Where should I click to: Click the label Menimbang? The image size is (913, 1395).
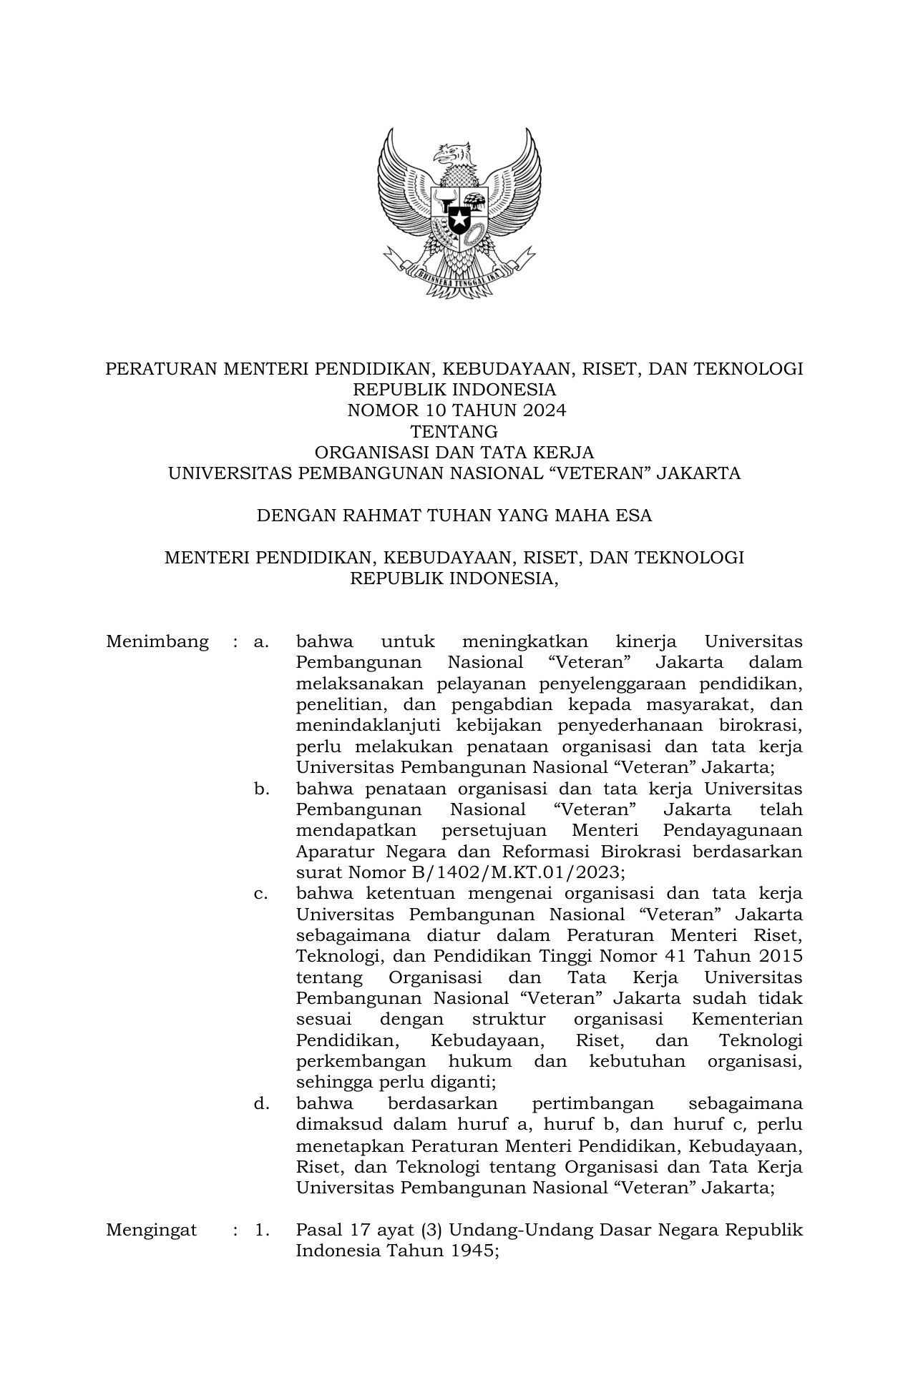click(157, 642)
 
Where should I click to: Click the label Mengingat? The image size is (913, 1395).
click(151, 1230)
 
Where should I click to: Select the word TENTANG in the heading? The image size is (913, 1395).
click(454, 432)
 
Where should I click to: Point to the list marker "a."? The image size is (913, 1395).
click(261, 642)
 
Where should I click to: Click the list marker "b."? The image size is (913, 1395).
click(261, 789)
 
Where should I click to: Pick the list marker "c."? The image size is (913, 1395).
click(261, 893)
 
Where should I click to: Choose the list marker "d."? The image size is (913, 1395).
click(261, 1103)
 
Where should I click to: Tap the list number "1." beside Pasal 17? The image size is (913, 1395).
click(261, 1230)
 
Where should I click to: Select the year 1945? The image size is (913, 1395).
click(474, 1251)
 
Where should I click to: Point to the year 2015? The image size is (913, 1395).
click(779, 956)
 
